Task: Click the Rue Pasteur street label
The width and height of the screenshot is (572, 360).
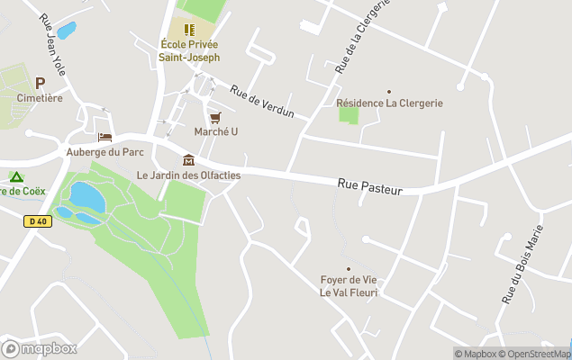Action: [x=369, y=184]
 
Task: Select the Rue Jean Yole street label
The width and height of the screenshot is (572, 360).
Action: [x=51, y=43]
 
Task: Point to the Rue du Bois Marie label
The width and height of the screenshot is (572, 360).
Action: [x=524, y=264]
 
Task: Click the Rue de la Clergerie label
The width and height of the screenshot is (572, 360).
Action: [x=361, y=36]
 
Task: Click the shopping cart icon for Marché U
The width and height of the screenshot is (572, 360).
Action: [x=215, y=118]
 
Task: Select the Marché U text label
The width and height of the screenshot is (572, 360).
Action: [x=216, y=132]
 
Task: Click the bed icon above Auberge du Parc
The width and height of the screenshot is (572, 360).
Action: [x=105, y=138]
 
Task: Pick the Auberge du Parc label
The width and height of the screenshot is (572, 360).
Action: [x=105, y=152]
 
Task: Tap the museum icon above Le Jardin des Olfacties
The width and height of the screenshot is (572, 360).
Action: [x=188, y=160]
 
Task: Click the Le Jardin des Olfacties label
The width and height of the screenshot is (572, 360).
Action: [x=188, y=175]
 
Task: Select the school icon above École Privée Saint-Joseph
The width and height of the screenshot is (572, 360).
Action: [x=190, y=29]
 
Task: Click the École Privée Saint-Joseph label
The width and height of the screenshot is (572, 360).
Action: [x=190, y=50]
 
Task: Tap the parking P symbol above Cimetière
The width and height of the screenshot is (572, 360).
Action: [x=40, y=83]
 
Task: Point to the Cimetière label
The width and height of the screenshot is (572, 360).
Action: [x=41, y=98]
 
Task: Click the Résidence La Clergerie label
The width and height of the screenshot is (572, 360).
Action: [x=389, y=103]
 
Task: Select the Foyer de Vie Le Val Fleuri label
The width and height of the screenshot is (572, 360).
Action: [x=350, y=286]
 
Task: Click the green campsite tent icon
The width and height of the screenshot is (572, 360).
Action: [x=15, y=176]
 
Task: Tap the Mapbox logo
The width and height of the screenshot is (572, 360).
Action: [x=40, y=348]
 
